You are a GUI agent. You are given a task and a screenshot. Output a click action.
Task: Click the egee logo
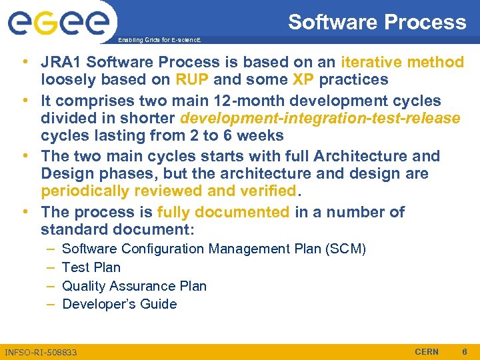pos(59,25)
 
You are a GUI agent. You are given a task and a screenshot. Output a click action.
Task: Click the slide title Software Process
pos(377,22)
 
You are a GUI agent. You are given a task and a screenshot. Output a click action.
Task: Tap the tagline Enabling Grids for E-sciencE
pos(159,41)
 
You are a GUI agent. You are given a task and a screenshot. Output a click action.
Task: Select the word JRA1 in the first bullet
pos(63,63)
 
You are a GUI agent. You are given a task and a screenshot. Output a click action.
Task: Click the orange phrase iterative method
pos(402,63)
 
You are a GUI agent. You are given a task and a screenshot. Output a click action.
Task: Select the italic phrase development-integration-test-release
pos(320,119)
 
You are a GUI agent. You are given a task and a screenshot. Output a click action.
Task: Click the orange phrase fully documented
pos(223,213)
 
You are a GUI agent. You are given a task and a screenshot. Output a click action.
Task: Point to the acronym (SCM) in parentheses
pos(345,249)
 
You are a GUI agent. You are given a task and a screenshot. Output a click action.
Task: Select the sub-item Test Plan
pos(91,267)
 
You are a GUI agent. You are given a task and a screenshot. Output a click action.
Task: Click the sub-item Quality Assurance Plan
pos(134,286)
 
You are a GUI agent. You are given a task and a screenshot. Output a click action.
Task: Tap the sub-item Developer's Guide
pos(119,305)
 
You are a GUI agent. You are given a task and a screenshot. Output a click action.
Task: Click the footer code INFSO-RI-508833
pos(41,352)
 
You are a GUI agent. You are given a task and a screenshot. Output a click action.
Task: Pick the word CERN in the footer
pos(427,351)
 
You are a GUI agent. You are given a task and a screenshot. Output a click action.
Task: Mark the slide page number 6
pos(465,351)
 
